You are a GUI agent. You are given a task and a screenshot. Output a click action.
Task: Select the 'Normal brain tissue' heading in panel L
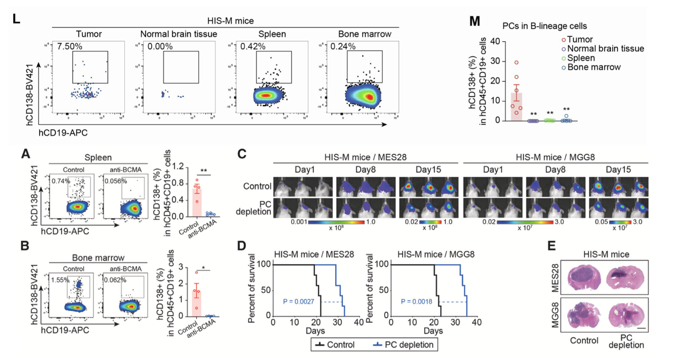[x=178, y=34]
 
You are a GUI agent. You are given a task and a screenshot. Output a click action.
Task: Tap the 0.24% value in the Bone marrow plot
[x=343, y=47]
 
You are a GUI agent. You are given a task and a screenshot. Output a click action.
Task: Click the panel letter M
[x=475, y=21]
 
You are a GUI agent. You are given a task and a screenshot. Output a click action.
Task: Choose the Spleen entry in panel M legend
[x=581, y=58]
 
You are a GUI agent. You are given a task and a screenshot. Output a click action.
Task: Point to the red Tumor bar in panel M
[x=516, y=107]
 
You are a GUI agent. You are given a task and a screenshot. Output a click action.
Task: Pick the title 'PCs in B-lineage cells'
[x=544, y=26]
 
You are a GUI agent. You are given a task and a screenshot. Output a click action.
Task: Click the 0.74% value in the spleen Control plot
[x=61, y=181]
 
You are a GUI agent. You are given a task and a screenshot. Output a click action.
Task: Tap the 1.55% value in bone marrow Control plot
[x=61, y=280]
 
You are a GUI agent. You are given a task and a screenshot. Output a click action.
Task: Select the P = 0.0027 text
[x=298, y=301]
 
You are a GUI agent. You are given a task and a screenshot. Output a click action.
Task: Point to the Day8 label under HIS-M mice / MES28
[x=365, y=170]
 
